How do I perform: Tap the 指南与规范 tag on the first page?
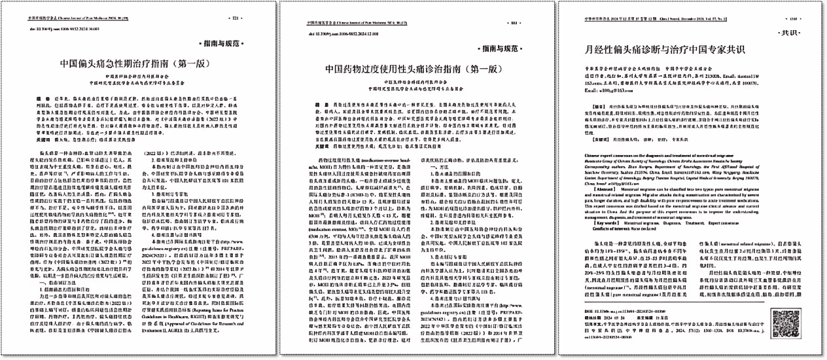[229, 45]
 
